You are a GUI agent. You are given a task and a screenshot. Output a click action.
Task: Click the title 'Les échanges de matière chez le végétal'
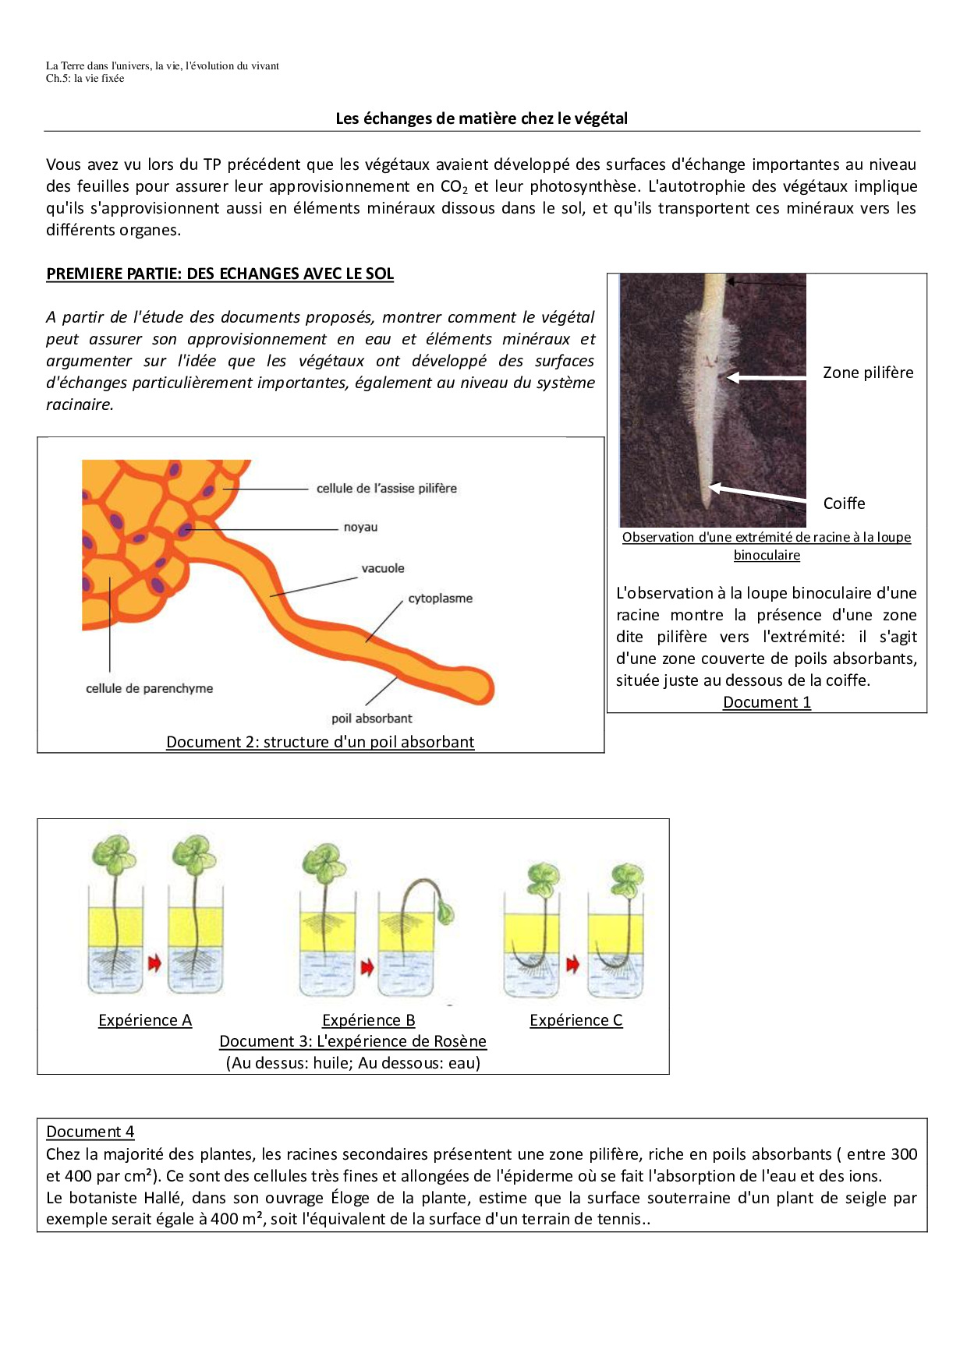tap(481, 118)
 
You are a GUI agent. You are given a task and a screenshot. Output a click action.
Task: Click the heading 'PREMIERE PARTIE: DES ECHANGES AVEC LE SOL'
tap(220, 274)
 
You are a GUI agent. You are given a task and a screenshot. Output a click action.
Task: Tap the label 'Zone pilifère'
tap(868, 373)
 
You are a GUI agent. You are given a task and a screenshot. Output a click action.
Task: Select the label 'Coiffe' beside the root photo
tap(844, 503)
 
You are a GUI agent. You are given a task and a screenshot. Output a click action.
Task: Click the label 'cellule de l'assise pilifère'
tap(386, 489)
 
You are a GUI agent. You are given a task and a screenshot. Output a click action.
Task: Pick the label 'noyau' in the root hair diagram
tap(360, 528)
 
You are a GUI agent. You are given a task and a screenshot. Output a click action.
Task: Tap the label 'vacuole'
tap(382, 569)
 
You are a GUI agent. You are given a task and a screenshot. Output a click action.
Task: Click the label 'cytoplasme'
tap(440, 599)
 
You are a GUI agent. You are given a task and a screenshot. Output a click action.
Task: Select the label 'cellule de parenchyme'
tap(149, 689)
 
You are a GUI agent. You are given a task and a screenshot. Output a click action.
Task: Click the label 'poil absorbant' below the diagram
tap(371, 719)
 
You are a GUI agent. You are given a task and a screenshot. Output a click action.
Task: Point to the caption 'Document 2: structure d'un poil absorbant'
tap(320, 742)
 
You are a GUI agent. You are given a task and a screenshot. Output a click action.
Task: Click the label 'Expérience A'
tap(145, 1020)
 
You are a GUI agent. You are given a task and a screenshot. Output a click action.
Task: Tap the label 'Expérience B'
tap(368, 1020)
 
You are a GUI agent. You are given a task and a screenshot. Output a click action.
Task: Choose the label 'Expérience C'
tap(576, 1020)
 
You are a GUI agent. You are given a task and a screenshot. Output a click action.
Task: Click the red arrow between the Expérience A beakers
tap(154, 963)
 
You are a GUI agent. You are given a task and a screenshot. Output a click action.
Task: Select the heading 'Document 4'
tap(90, 1132)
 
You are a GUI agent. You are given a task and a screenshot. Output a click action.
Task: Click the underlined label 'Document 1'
tap(767, 702)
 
